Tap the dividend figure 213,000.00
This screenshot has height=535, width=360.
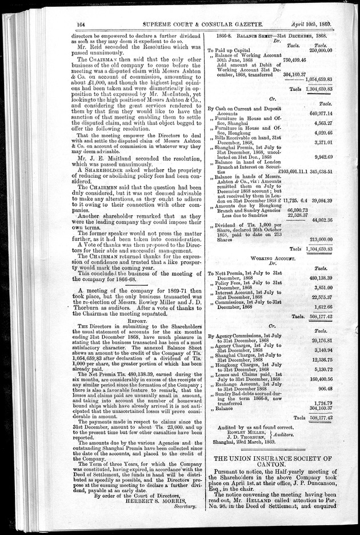[x=318, y=239]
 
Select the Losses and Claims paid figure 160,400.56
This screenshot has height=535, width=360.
[x=318, y=378]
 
